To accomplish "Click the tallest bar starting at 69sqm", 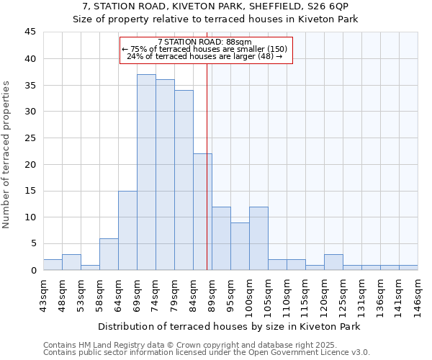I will click(146, 172).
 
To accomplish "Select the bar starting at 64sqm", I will click(127, 230).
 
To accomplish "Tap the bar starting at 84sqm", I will click(202, 212).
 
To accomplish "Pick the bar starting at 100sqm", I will click(258, 238).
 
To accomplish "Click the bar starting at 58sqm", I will click(109, 254).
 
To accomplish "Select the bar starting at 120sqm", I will click(333, 262).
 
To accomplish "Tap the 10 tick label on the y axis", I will click(30, 217).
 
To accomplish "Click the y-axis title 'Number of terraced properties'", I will click(7, 155).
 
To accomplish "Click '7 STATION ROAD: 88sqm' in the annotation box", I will click(204, 42).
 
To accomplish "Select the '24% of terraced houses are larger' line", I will click(204, 56).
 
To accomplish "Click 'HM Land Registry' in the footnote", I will click(103, 345).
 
